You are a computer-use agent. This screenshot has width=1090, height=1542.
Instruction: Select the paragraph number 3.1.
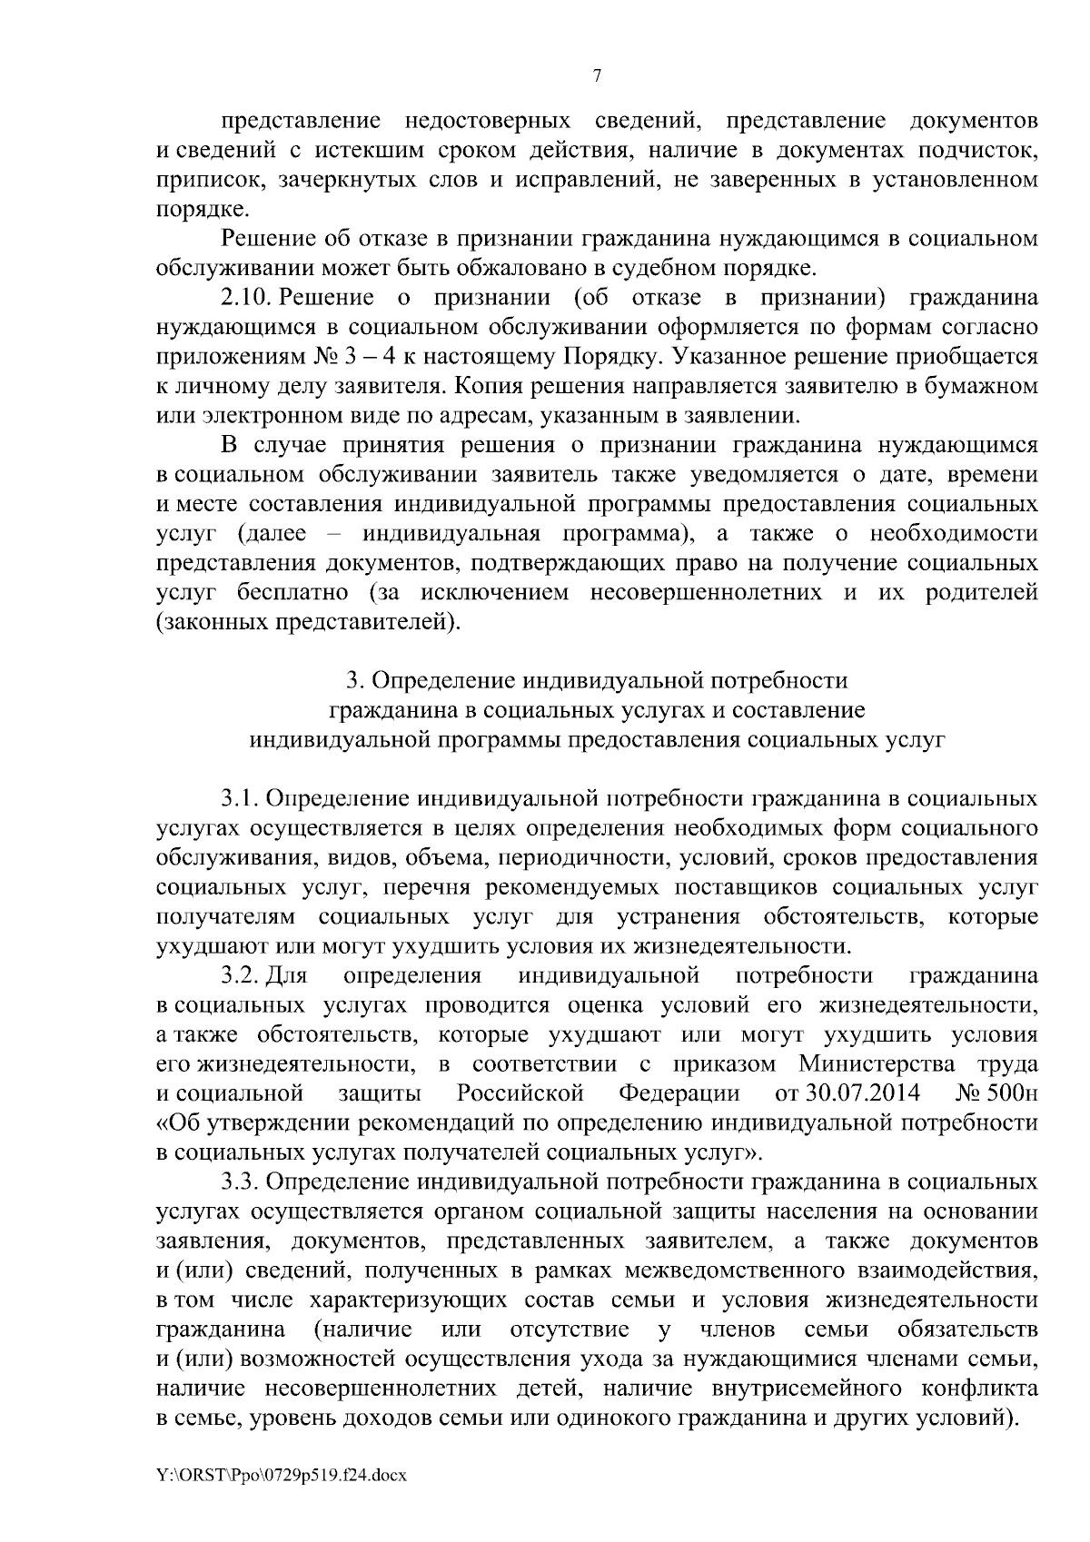pos(242,799)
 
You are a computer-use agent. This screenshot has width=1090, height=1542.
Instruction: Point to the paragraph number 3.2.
pos(242,975)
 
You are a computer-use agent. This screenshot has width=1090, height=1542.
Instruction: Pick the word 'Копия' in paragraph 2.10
pos(487,387)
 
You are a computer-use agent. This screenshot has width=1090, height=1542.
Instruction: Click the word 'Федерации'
pos(679,1093)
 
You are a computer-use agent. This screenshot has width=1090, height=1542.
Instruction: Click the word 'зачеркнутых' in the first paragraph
pos(352,180)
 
